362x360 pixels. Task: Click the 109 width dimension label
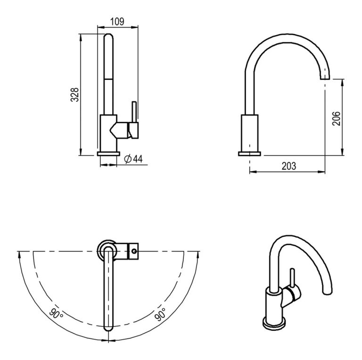(117, 21)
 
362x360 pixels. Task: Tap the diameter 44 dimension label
(133, 159)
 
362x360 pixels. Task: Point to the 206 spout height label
(336, 117)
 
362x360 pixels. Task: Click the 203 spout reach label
(288, 166)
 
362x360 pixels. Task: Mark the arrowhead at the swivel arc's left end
(19, 254)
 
